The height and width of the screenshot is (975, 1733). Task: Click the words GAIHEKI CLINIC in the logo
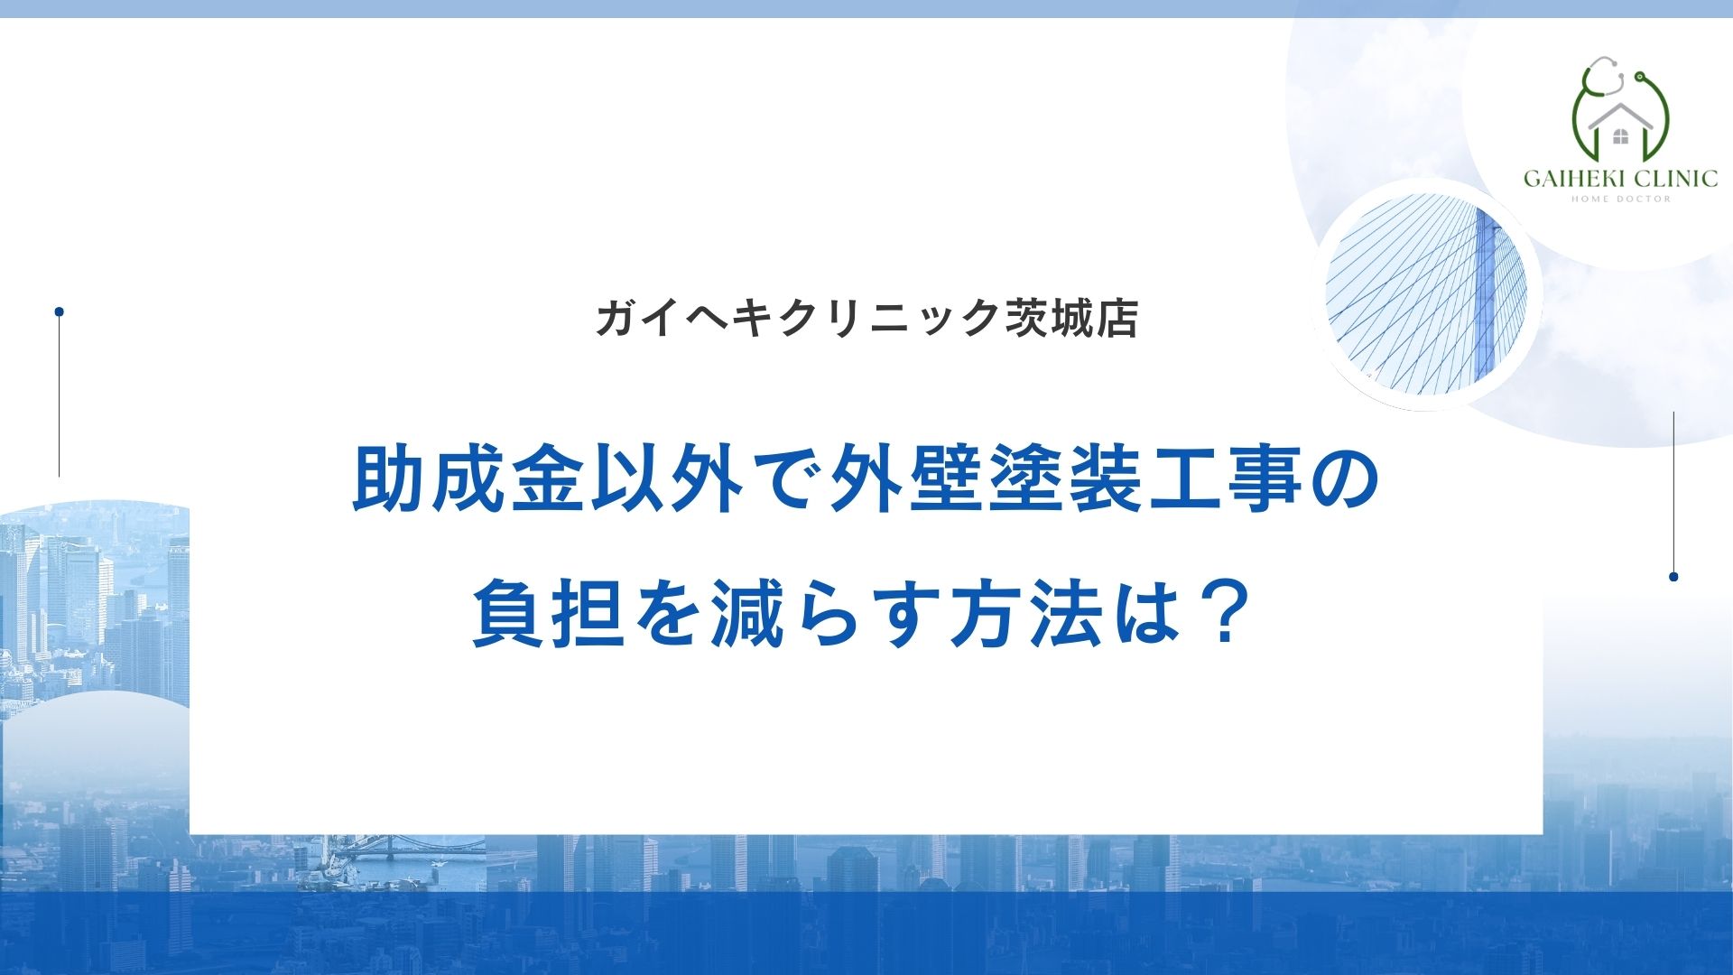tap(1620, 178)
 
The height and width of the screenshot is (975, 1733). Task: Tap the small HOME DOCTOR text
tap(1621, 200)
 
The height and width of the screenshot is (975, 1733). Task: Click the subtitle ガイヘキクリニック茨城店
tap(866, 318)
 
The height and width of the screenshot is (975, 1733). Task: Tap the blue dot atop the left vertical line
tap(59, 311)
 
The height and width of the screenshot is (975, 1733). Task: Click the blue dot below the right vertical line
tap(1673, 577)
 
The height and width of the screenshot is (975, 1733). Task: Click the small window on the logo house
tap(1621, 137)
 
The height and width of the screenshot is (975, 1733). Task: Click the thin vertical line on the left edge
tap(59, 397)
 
